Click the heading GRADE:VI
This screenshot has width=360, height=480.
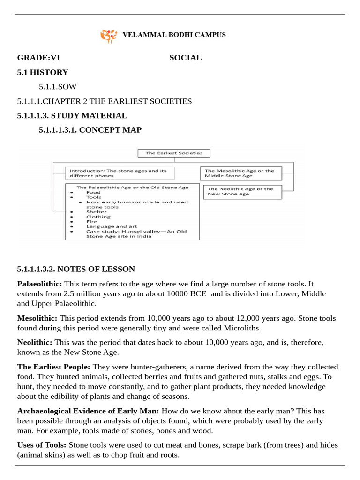coord(38,58)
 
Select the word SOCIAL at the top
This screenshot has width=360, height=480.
coord(185,58)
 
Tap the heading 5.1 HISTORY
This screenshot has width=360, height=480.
coord(43,72)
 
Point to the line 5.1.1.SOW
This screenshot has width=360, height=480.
coord(58,87)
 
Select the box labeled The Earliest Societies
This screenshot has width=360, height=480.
coord(174,153)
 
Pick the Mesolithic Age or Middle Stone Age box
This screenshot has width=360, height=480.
coord(241,173)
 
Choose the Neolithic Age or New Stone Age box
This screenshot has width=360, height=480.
coord(241,191)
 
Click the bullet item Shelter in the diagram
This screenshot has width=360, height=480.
coord(96,212)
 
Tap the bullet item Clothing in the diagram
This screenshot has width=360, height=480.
coord(98,217)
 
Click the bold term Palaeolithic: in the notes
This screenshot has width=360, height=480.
coord(40,284)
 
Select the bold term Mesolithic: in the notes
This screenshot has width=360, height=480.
coord(37,318)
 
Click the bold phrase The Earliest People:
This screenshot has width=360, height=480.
coord(53,367)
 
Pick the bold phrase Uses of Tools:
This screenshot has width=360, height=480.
coord(42,444)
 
